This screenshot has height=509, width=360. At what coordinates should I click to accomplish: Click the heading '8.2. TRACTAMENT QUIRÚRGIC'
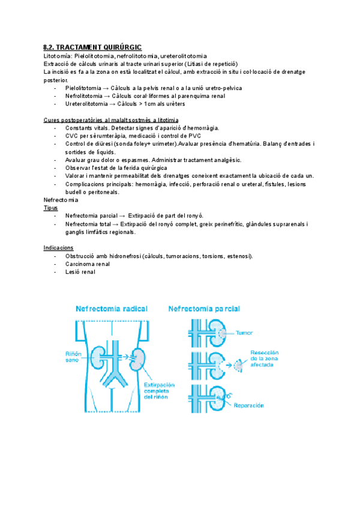[x=93, y=47]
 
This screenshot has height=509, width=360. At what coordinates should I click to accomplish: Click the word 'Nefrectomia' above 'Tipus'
[x=61, y=200]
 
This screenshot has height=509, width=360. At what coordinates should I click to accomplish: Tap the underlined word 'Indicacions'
[x=58, y=248]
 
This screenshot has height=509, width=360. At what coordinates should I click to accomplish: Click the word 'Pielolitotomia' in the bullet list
[x=84, y=88]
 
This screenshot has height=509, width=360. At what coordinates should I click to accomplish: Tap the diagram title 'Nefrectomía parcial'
[x=204, y=309]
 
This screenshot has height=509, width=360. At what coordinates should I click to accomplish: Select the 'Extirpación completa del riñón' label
[x=142, y=389]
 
